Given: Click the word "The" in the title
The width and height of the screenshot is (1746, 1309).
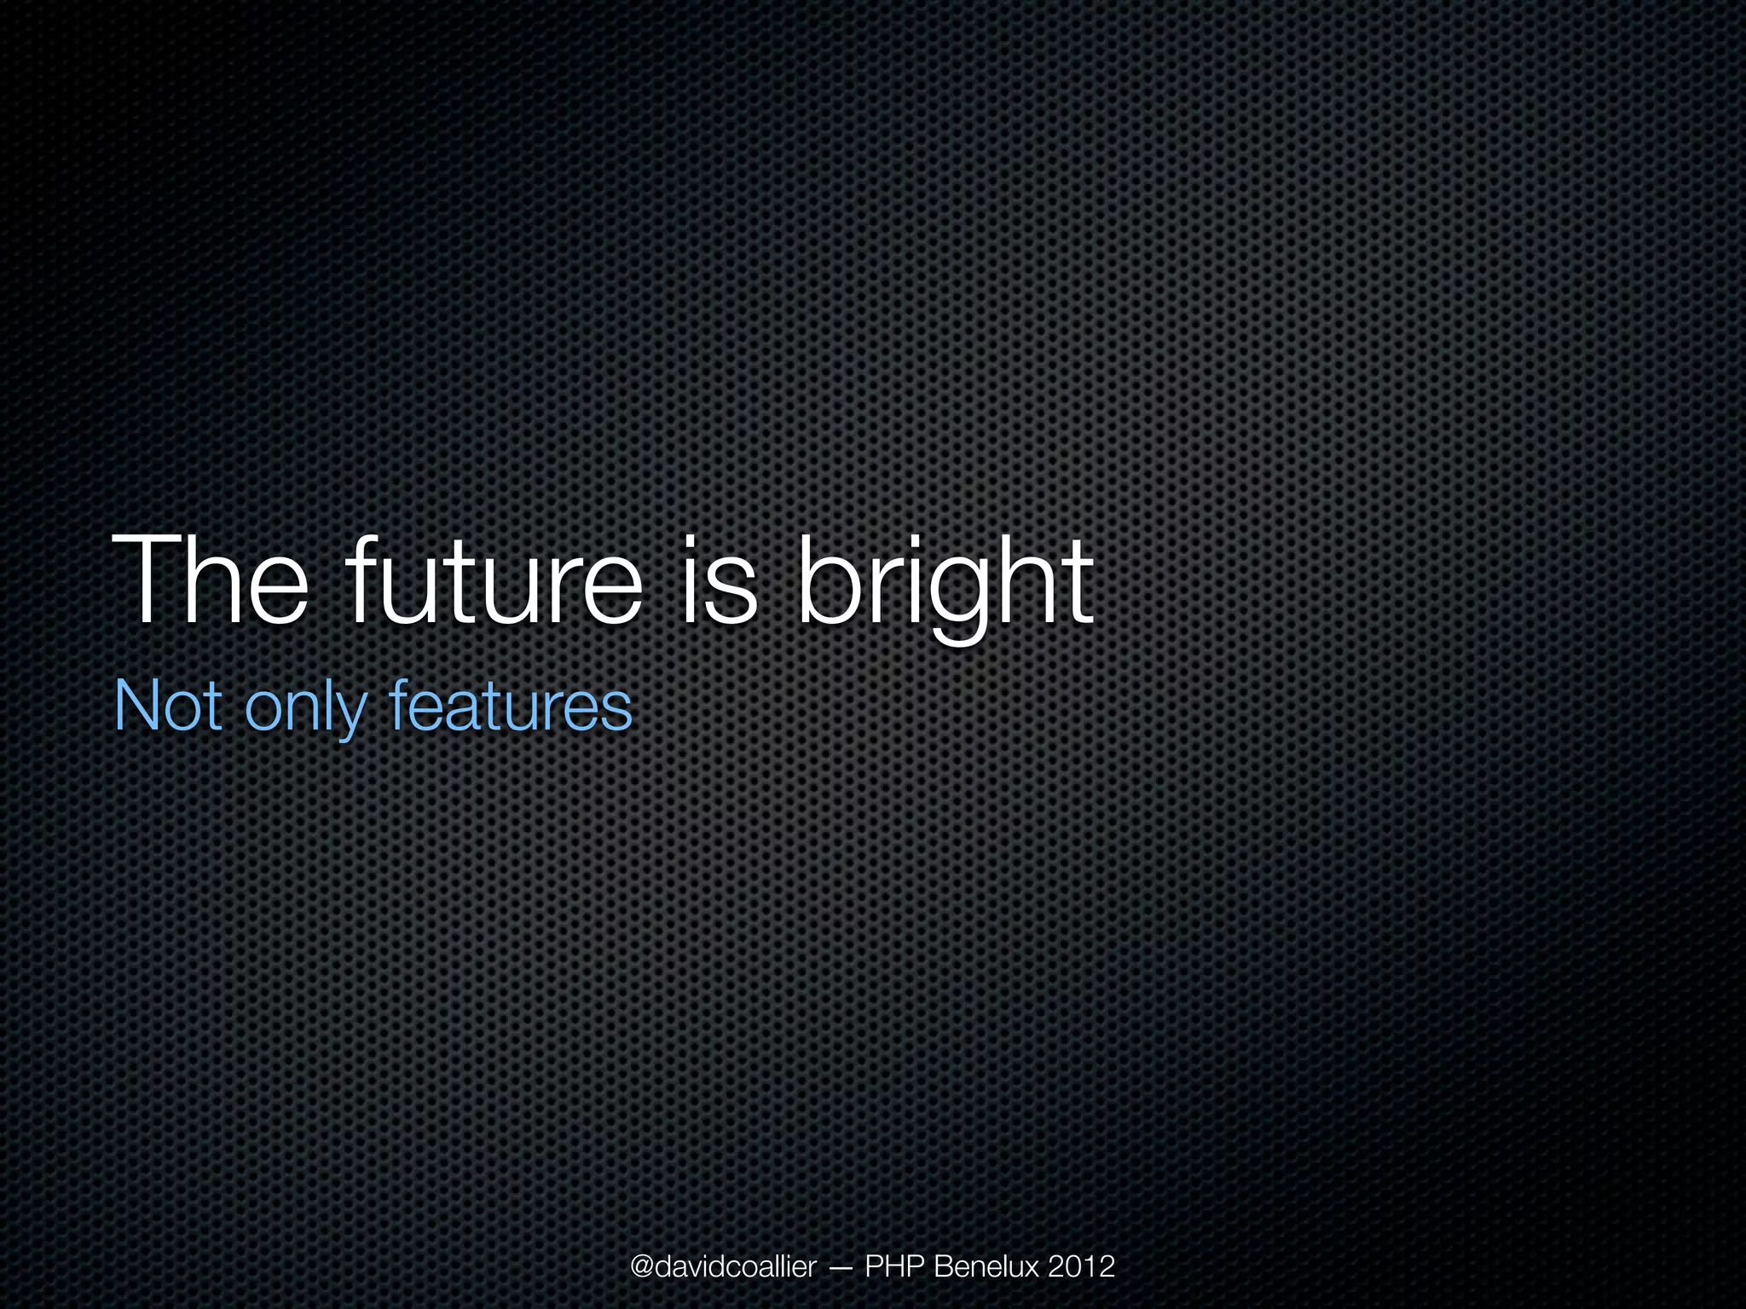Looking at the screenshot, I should pos(210,582).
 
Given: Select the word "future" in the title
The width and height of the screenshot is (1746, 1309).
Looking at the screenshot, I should pos(492,582).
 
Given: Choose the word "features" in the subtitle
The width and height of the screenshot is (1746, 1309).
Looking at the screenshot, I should pos(510,706).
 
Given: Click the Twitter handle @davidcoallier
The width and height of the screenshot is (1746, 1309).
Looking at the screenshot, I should pos(723,1266).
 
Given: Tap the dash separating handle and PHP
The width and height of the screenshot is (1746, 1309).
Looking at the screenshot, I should pos(839,1268).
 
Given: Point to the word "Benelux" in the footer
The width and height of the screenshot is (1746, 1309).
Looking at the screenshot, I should pos(986,1266).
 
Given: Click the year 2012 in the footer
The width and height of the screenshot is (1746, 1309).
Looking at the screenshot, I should pos(1081,1266).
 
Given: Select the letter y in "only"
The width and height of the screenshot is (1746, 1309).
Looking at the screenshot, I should pos(350,716).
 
